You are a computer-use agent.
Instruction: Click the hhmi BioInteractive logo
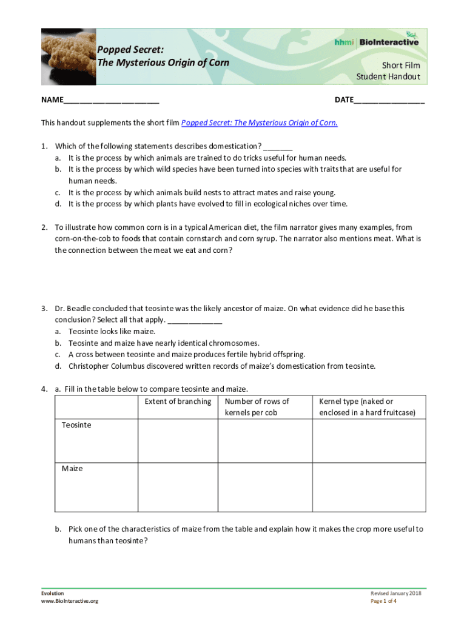click(x=376, y=41)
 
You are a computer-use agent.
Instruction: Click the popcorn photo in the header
click(x=68, y=56)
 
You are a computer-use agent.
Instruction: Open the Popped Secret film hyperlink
click(x=260, y=123)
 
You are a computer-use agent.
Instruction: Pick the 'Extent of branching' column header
click(x=178, y=401)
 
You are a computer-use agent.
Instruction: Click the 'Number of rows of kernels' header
click(x=257, y=407)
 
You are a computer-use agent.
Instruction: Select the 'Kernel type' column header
click(x=367, y=407)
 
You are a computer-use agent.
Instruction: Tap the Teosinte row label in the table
click(x=76, y=425)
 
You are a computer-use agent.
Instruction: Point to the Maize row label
click(x=72, y=469)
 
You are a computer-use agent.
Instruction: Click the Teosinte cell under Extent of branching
click(x=178, y=441)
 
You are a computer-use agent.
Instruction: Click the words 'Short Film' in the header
click(x=400, y=65)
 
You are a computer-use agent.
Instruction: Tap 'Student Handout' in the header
click(x=388, y=77)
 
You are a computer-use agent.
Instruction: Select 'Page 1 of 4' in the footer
click(x=383, y=601)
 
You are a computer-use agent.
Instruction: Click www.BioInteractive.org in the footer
click(x=70, y=601)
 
